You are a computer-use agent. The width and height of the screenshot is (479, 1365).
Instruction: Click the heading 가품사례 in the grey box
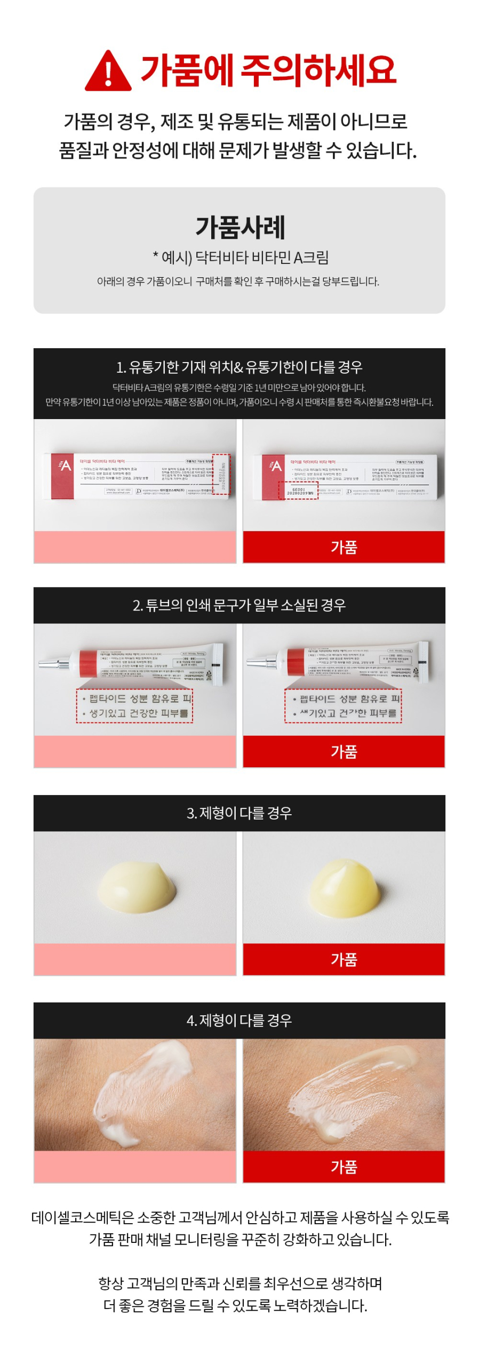coord(239,227)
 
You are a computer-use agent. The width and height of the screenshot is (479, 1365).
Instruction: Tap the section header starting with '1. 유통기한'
coord(239,367)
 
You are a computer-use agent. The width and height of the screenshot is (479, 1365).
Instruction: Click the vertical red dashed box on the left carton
coord(221,474)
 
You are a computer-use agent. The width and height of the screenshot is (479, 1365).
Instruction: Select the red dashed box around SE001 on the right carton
coord(298,490)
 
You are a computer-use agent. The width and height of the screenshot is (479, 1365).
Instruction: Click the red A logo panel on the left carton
coord(63,476)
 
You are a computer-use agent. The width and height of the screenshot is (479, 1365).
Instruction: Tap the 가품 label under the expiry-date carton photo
coord(344,547)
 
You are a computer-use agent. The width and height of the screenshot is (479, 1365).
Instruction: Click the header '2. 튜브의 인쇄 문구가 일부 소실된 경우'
coord(239,605)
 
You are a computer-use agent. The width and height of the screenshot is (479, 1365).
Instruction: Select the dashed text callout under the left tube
coord(134,705)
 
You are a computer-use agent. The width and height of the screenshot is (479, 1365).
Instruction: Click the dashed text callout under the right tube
coord(343,705)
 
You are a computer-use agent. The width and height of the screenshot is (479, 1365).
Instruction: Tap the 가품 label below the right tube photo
coord(344,751)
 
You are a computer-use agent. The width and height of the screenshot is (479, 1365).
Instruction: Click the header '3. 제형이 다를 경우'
coord(239,813)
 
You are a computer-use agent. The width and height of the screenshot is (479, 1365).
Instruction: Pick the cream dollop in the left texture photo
coord(138,887)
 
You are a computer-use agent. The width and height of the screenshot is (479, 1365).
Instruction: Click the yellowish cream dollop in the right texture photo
coord(344,888)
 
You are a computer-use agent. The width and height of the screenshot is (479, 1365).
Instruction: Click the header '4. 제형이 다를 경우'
coord(239,1020)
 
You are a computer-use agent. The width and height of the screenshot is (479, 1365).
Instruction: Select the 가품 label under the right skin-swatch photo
coord(344,1167)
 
